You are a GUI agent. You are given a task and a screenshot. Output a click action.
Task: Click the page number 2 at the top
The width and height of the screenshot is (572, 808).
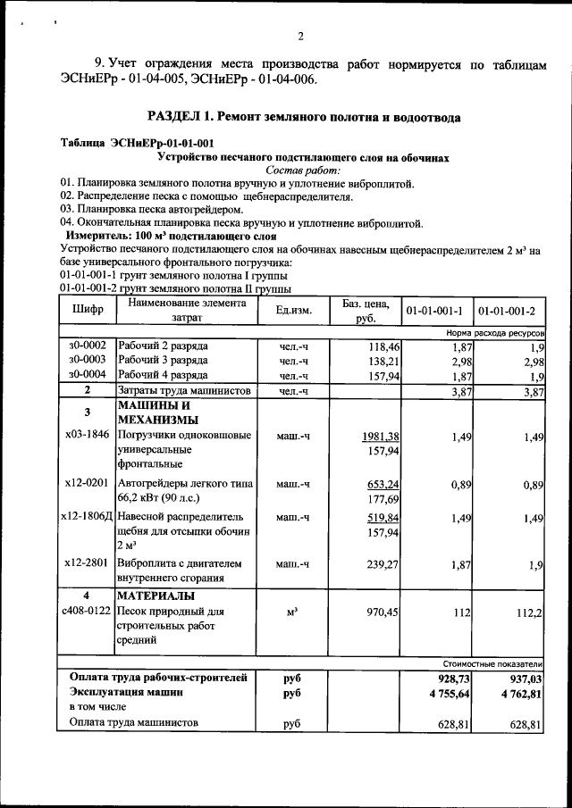[301, 37]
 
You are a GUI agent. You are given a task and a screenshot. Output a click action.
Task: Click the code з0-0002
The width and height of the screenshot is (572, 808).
[88, 345]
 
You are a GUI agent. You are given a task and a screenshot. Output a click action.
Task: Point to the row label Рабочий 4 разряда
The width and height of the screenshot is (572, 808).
[163, 375]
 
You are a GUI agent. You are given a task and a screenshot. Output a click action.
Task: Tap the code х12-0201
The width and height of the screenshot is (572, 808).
[88, 483]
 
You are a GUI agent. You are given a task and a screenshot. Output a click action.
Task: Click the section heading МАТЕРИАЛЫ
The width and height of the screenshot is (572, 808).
[158, 596]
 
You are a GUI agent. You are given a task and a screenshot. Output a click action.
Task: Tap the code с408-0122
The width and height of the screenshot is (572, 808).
[87, 612]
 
